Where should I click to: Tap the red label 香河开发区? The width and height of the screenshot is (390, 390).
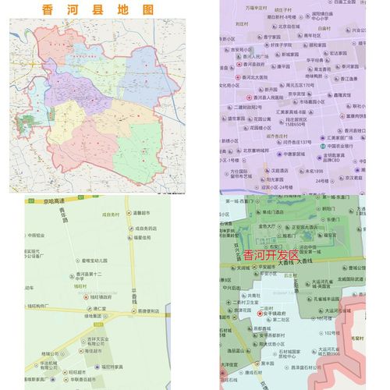point(271,255)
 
